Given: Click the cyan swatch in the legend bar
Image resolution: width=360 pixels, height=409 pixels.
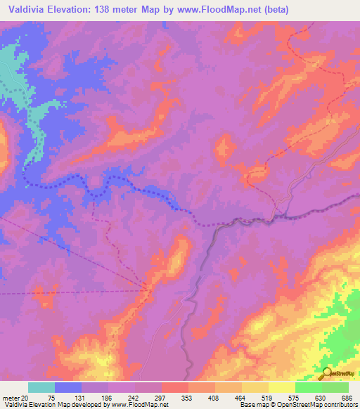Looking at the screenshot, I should point(41,387).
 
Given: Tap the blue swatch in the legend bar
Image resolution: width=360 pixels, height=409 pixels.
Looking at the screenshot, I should point(67,387).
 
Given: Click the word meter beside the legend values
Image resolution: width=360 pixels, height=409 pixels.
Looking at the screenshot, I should point(10,398).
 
